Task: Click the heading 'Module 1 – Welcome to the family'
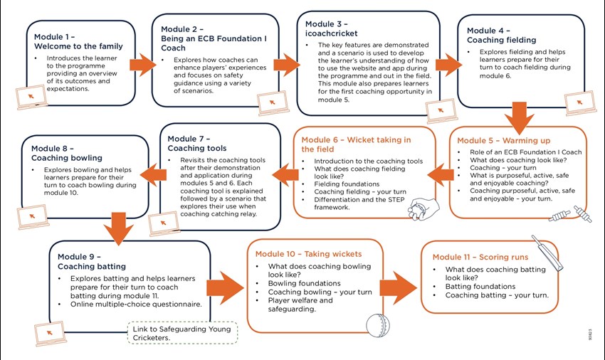click(78, 42)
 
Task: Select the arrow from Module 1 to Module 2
click(142, 65)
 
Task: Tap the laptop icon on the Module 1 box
click(31, 97)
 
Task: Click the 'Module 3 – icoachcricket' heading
click(332, 29)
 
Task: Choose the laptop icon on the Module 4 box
click(580, 103)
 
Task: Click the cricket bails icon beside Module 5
click(570, 214)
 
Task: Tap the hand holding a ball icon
click(423, 208)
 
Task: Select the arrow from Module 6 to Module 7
click(285, 175)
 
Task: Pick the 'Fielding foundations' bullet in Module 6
click(347, 184)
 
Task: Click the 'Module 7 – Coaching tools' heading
click(196, 144)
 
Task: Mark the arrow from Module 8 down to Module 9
click(118, 228)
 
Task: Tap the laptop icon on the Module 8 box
click(33, 217)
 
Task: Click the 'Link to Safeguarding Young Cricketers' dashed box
click(182, 333)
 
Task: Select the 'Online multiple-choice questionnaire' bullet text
click(136, 304)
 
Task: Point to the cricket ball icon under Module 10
click(378, 325)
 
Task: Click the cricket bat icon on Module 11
click(547, 252)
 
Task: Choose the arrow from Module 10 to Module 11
click(399, 288)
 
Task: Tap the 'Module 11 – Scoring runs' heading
click(480, 257)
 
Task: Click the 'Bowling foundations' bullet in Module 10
click(305, 283)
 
